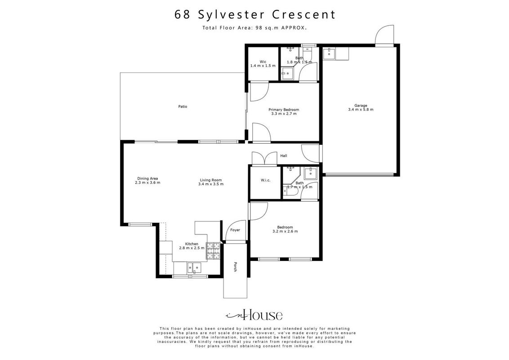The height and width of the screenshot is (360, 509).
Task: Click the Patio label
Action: [183, 107]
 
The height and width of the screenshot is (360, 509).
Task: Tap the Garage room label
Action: [361, 106]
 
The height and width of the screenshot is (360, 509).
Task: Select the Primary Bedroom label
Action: [284, 110]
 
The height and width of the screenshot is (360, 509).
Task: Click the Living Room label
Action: [211, 180]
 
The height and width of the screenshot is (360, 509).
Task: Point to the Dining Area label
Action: [147, 178]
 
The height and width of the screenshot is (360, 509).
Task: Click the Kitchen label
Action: [192, 244]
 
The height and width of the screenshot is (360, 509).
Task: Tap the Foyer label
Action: [235, 230]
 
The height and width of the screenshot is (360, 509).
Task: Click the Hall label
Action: [284, 156]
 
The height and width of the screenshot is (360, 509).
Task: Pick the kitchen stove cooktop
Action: [213, 251]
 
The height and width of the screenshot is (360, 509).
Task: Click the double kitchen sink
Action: [194, 268]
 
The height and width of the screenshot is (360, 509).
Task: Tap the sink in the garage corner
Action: [330, 54]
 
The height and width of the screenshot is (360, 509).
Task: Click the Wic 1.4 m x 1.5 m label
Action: [263, 64]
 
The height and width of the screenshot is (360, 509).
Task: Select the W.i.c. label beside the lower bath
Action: [266, 180]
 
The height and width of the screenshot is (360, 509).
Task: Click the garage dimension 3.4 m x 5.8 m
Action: [361, 109]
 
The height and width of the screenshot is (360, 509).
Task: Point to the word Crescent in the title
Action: [304, 14]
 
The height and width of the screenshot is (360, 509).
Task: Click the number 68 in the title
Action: [183, 14]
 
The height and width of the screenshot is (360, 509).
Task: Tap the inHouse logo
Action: [254, 315]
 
